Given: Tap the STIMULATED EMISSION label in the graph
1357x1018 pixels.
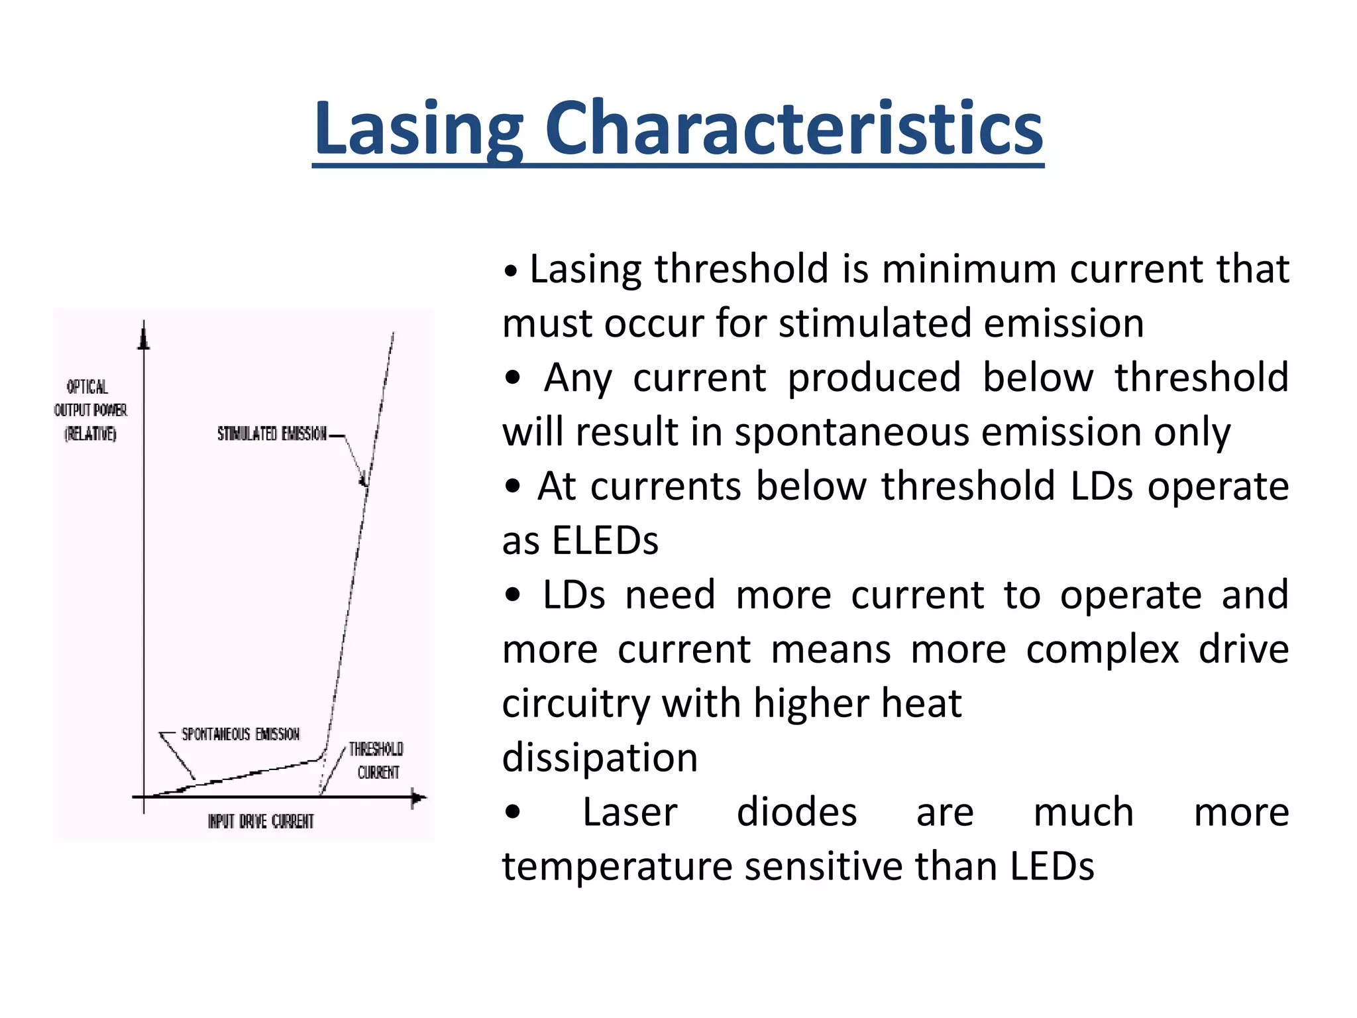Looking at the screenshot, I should click(272, 434).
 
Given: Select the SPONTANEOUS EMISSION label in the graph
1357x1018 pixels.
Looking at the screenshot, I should click(241, 734).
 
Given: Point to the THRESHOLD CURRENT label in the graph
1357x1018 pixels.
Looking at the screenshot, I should click(376, 760).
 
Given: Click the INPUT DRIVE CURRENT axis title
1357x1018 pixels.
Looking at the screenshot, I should click(260, 822).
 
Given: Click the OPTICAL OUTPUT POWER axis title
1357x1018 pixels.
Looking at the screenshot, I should click(90, 410).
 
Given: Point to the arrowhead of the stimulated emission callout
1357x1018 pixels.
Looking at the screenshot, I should click(363, 481).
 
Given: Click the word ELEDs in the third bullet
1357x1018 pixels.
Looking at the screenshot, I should click(605, 541).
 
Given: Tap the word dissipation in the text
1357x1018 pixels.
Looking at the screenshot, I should click(600, 758).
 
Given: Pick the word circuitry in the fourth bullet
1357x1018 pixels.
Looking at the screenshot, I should click(575, 704).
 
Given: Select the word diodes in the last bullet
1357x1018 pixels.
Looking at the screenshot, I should click(796, 813).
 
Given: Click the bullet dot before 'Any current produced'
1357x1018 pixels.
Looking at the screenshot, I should click(512, 378).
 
